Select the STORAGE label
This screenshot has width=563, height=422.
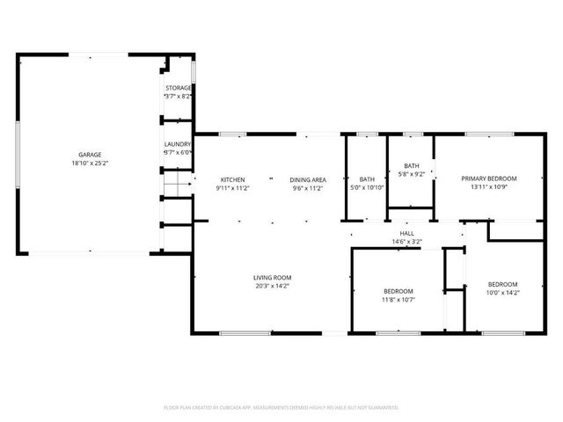click(x=179, y=88)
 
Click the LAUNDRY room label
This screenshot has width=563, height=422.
click(x=178, y=143)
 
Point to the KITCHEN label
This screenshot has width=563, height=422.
click(x=232, y=179)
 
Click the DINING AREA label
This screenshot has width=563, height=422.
click(x=308, y=179)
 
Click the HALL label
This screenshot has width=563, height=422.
click(x=407, y=233)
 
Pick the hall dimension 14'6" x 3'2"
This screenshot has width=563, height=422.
click(x=407, y=242)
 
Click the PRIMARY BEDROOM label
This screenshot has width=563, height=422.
click(x=489, y=178)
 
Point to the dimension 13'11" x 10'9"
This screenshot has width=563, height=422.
click(x=489, y=187)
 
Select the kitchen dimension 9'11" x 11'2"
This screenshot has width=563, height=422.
click(x=232, y=188)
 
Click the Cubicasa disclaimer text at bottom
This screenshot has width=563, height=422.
click(x=281, y=407)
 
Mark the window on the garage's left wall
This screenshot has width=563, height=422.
click(x=17, y=154)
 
